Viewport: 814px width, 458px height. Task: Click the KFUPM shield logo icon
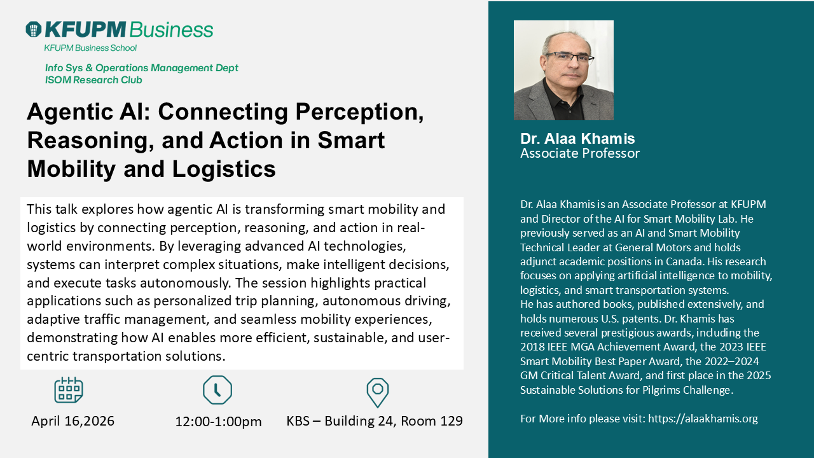34,29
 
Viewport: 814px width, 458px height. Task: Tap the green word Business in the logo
171,29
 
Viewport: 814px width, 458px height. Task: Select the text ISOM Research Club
93,80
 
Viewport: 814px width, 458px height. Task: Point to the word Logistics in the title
224,170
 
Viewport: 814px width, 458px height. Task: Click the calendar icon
68,390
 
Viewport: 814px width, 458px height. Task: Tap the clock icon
217,390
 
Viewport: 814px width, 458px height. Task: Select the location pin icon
378,392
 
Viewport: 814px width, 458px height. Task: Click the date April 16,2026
72,421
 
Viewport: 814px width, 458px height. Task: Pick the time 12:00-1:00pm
218,422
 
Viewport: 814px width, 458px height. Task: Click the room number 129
452,421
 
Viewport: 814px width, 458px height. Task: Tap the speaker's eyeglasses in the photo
569,58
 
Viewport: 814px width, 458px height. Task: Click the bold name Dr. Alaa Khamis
577,139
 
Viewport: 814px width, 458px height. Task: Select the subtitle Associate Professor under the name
579,153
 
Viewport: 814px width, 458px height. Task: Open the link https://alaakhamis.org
703,419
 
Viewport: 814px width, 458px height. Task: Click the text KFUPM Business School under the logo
90,48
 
